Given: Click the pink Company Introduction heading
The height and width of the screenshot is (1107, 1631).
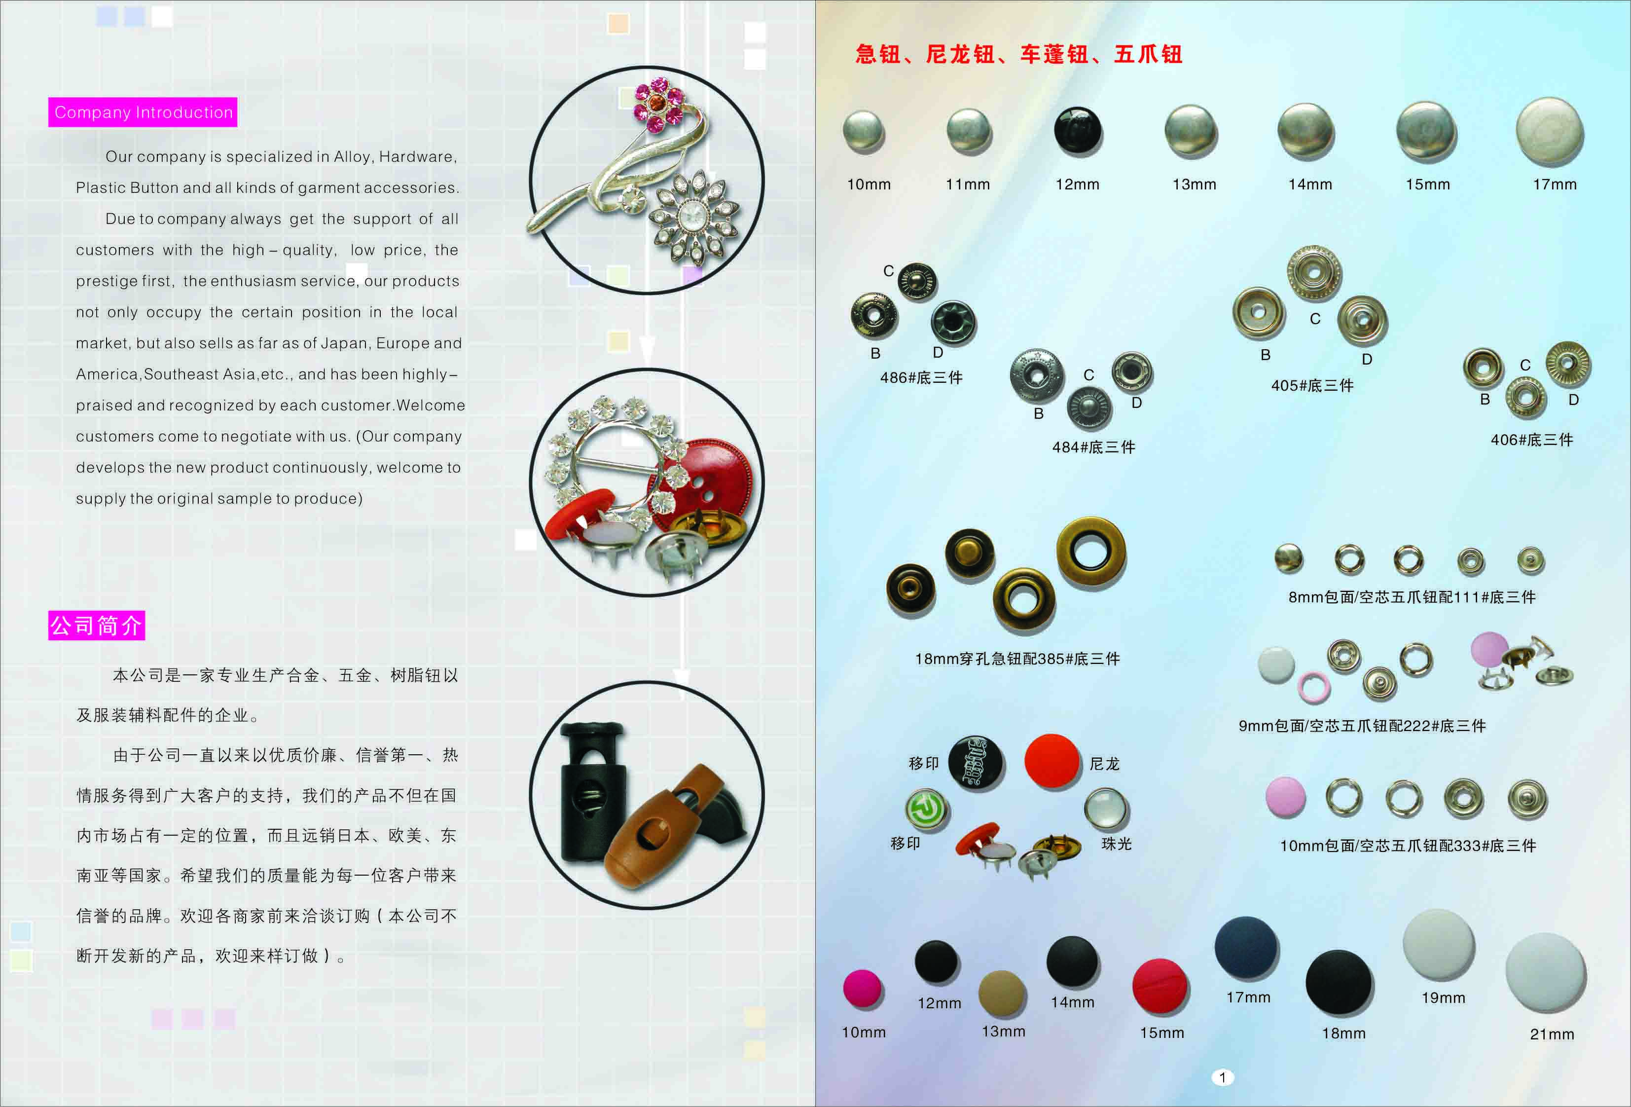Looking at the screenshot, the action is tap(143, 112).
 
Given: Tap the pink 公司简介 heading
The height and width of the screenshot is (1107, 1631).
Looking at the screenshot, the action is tap(97, 626).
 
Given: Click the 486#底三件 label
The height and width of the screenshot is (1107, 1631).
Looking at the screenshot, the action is tap(921, 378).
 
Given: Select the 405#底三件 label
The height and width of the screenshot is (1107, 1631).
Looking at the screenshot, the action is tap(1312, 385).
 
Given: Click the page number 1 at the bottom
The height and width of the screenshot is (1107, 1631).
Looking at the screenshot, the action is tap(1222, 1077).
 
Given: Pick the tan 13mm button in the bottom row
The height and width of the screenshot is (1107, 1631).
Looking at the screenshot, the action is tap(1002, 993).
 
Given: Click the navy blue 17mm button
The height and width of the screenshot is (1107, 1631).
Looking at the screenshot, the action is tap(1246, 948).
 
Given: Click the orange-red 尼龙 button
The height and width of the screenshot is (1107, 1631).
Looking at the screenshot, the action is tap(1051, 760).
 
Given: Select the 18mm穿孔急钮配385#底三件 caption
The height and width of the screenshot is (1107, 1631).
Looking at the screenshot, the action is tap(1017, 659).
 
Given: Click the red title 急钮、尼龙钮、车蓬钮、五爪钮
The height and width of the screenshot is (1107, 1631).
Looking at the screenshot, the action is tap(1019, 54).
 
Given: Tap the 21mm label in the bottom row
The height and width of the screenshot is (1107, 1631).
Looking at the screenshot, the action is tap(1552, 1034).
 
